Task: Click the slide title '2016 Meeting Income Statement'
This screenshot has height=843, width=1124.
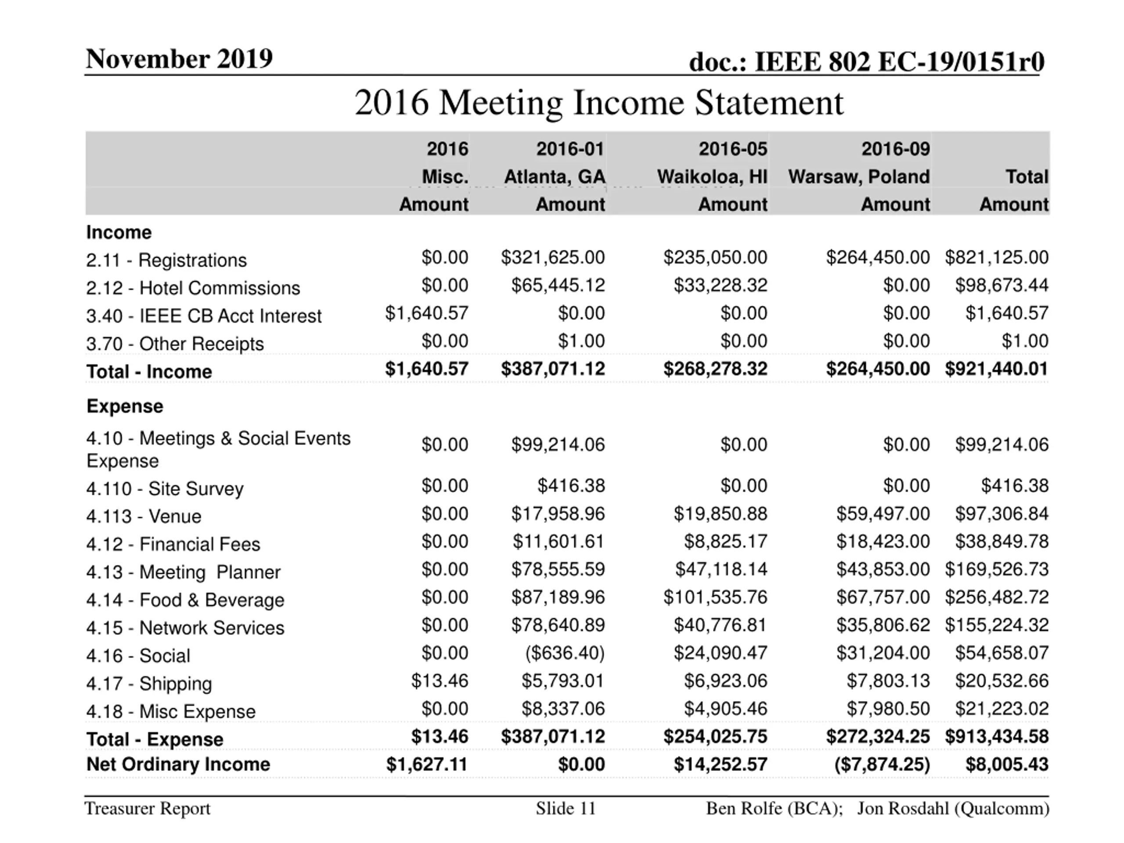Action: point(598,103)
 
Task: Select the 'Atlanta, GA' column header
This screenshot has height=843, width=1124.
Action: point(555,177)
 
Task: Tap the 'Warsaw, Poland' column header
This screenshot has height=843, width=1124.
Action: point(859,177)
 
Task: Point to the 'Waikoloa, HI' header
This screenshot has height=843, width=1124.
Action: point(712,177)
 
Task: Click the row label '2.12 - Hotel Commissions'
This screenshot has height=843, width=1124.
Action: point(193,288)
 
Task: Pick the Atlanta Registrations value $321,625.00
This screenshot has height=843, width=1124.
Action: point(553,258)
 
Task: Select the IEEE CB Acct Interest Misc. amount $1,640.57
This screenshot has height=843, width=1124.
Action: point(426,313)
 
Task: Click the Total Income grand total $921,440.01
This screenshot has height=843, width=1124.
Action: point(997,369)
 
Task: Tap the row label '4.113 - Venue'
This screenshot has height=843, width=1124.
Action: point(144,516)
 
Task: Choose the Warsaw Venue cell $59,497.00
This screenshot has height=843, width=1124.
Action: point(883,514)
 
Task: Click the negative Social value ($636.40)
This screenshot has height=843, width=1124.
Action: point(565,653)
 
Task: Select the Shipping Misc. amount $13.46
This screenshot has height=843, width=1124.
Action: point(440,681)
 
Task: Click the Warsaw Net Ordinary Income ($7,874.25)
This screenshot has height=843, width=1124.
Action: point(882,764)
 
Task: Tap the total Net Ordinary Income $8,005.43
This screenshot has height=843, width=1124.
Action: point(1007,764)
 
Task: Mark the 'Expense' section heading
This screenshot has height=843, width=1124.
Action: point(125,407)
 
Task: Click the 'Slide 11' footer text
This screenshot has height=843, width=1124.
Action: point(566,808)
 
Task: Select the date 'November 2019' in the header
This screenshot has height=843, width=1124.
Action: point(179,59)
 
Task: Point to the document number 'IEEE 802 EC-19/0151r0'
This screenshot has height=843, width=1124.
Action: point(899,62)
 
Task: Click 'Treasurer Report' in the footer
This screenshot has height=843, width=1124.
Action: point(148,808)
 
